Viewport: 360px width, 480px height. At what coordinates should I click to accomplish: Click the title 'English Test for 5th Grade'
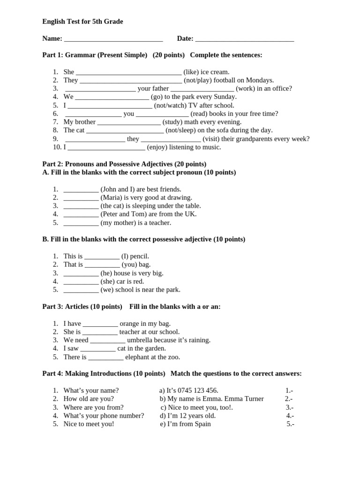coord(82,22)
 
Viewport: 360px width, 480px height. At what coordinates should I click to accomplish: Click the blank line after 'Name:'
coord(113,40)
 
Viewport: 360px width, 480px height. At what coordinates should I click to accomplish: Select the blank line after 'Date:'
coord(244,40)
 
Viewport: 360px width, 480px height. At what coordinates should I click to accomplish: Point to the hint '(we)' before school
coord(107,290)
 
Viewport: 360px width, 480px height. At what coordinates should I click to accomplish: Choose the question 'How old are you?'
coord(89,399)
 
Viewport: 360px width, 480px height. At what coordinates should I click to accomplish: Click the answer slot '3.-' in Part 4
coord(290,407)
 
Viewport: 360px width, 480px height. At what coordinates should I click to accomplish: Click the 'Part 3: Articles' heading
coord(75,307)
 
